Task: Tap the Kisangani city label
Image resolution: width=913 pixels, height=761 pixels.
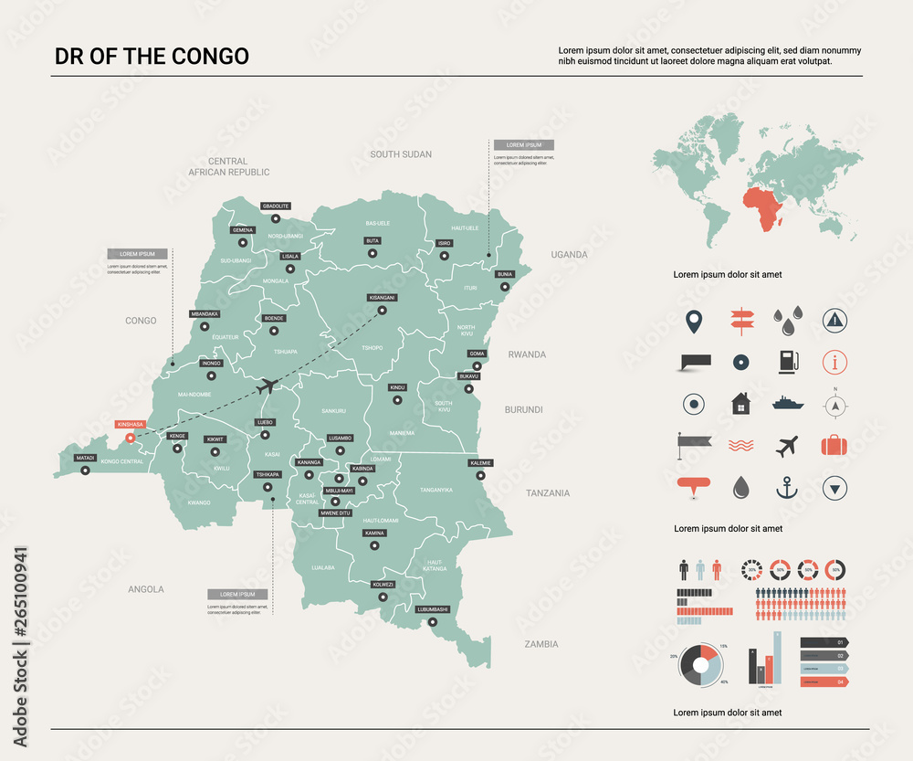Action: click(x=383, y=298)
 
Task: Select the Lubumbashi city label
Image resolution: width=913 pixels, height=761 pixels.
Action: click(x=433, y=608)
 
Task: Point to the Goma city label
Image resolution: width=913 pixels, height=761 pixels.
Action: click(x=477, y=354)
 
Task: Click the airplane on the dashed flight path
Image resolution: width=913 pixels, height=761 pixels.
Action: click(x=268, y=386)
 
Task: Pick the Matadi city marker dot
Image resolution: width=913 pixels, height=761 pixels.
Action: click(x=85, y=470)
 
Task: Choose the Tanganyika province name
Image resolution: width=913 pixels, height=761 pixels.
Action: click(x=436, y=491)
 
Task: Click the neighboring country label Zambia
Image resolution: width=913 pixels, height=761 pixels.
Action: click(x=541, y=644)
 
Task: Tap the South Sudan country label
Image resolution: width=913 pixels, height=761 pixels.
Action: click(x=401, y=154)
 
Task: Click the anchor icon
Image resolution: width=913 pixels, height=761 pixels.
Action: click(x=787, y=489)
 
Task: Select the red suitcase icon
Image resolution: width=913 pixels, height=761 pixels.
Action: click(x=834, y=446)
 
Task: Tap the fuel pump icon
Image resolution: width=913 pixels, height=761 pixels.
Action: click(x=787, y=362)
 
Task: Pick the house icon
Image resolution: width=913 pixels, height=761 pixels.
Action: click(x=740, y=403)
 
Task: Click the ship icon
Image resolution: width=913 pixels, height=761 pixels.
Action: click(x=787, y=403)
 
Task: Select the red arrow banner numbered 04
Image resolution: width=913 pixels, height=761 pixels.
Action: click(x=824, y=682)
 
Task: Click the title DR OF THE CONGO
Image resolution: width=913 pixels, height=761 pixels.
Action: click(x=152, y=57)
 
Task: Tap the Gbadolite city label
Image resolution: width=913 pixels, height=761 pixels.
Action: click(x=275, y=206)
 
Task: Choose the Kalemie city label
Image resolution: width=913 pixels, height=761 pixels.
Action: click(x=480, y=463)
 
